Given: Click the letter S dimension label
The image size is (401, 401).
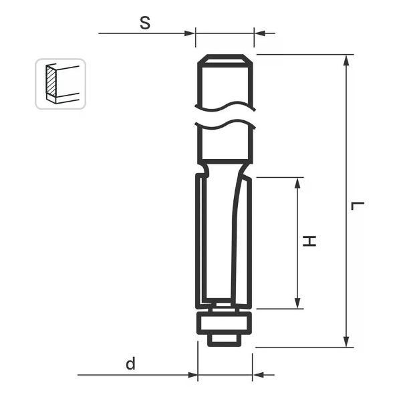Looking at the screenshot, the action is point(145,23).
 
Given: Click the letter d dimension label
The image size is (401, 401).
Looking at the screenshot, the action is point(130,364).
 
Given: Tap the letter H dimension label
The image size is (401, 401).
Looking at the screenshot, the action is point(309,241).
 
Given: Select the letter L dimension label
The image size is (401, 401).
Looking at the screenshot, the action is point(358,206).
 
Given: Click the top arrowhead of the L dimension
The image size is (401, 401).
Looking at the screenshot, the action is point(346,60).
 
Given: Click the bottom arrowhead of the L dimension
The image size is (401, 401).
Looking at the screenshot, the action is point(346,342).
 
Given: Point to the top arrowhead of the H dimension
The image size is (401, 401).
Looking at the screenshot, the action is point(297,183).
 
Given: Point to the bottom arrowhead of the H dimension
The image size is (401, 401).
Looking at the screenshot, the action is point(297,303).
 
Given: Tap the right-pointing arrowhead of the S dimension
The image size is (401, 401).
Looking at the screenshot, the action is point(190,33).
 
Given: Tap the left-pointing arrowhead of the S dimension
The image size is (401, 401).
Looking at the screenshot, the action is point(260,33).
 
